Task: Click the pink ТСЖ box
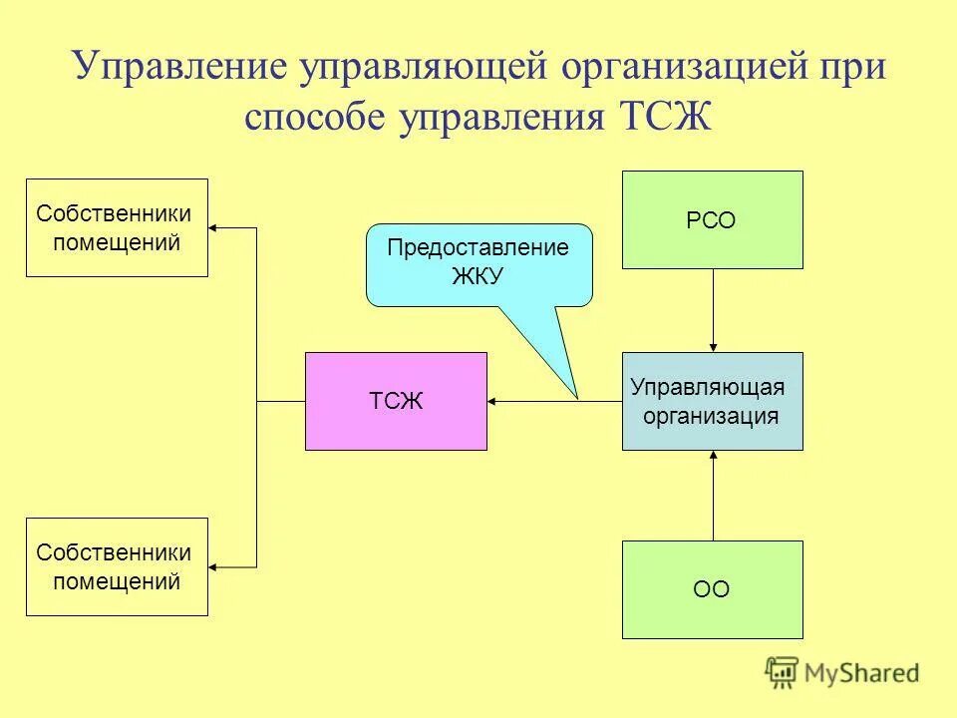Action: click(396, 401)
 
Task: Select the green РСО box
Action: click(712, 219)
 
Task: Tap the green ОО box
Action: click(712, 589)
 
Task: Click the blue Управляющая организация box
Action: click(712, 401)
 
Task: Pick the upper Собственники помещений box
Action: click(117, 227)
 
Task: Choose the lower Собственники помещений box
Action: click(117, 566)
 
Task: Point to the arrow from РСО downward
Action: click(713, 310)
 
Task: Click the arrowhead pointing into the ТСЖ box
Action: click(493, 402)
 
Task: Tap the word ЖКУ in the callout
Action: click(478, 277)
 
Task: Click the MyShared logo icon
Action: click(784, 672)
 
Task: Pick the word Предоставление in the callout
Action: click(478, 248)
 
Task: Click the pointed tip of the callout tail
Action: click(577, 398)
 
